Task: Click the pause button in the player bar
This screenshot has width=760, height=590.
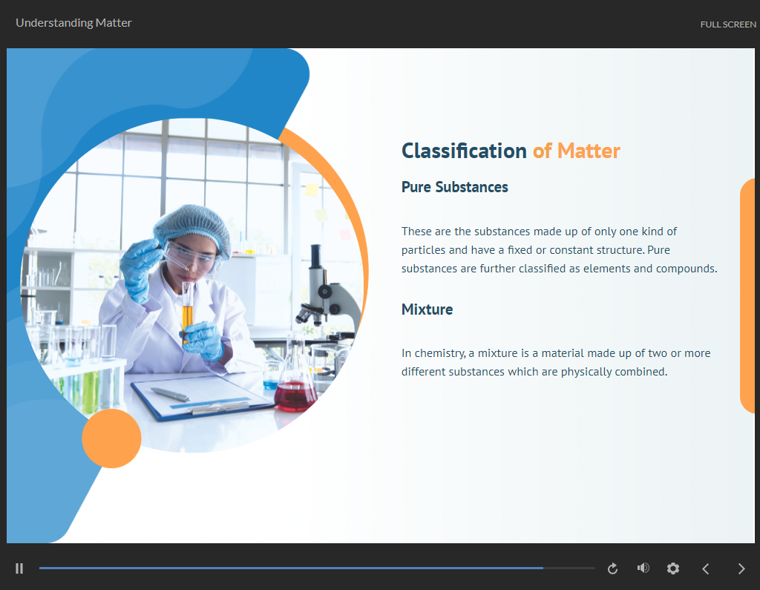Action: [x=19, y=568]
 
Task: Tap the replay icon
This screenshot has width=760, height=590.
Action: [x=612, y=568]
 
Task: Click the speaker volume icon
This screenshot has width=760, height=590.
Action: [x=643, y=568]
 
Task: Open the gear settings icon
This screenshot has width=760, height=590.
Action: [x=672, y=568]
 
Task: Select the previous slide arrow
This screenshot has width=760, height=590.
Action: [x=706, y=568]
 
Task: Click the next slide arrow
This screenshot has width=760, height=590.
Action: [x=741, y=568]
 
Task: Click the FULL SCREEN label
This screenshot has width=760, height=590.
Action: [x=728, y=24]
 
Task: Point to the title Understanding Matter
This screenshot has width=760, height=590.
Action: [x=73, y=23]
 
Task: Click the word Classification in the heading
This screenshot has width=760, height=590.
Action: [x=464, y=151]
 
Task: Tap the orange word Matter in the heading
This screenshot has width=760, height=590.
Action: [x=589, y=151]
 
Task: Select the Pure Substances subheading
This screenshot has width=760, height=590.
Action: [x=455, y=187]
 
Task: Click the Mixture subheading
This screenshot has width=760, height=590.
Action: [x=427, y=309]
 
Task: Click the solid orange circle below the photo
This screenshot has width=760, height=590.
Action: [x=111, y=439]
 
